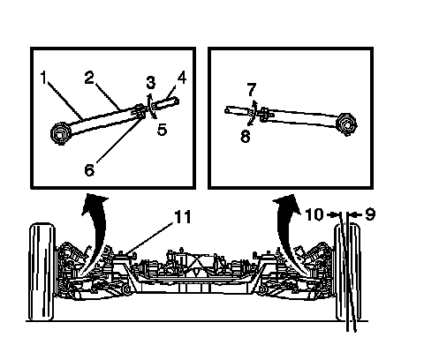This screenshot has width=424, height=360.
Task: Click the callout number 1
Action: [x=43, y=78]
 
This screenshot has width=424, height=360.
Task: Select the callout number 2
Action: [x=89, y=78]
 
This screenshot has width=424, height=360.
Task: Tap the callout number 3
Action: [x=151, y=82]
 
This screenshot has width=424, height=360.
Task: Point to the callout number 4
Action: [x=182, y=78]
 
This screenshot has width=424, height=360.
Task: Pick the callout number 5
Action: [x=162, y=130]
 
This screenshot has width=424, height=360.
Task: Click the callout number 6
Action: [x=89, y=169]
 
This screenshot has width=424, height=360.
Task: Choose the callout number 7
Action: [x=251, y=89]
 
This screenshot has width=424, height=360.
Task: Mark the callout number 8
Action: [x=246, y=137]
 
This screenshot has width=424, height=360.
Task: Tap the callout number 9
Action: [x=370, y=214]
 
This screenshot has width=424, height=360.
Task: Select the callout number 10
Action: [x=314, y=214]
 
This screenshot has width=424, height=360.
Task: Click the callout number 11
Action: [x=183, y=217]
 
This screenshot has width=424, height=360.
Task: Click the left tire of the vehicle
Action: [x=42, y=272]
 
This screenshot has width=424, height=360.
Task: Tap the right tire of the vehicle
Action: [x=348, y=272]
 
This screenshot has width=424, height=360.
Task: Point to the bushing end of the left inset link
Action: [x=60, y=133]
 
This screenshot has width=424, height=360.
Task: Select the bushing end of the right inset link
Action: [x=347, y=124]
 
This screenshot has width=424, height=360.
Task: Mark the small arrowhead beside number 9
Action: [x=356, y=214]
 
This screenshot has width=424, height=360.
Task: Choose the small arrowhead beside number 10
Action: [x=333, y=214]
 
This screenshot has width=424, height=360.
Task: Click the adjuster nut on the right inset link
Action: [x=264, y=114]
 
